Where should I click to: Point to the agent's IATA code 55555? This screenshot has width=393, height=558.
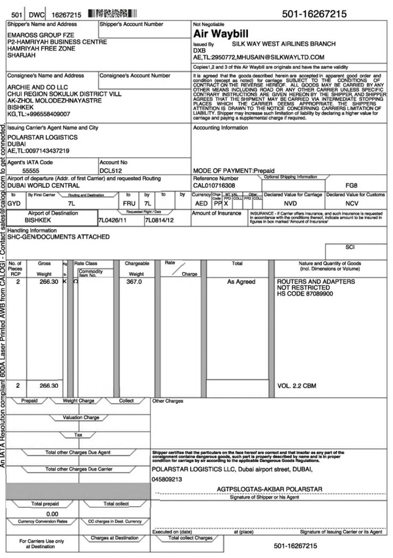pos(31,171)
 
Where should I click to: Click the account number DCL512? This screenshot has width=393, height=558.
pos(111,171)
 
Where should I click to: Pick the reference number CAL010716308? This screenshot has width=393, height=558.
pos(213,186)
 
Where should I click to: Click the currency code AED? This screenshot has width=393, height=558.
pos(201,203)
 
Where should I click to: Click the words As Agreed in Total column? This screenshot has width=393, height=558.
pos(241,282)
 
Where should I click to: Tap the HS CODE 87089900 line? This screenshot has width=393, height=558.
pos(305,293)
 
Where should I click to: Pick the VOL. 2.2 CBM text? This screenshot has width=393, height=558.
pos(297,386)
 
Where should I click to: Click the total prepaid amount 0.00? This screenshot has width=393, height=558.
pos(52,513)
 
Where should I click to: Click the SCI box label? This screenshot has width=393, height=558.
pos(349,247)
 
